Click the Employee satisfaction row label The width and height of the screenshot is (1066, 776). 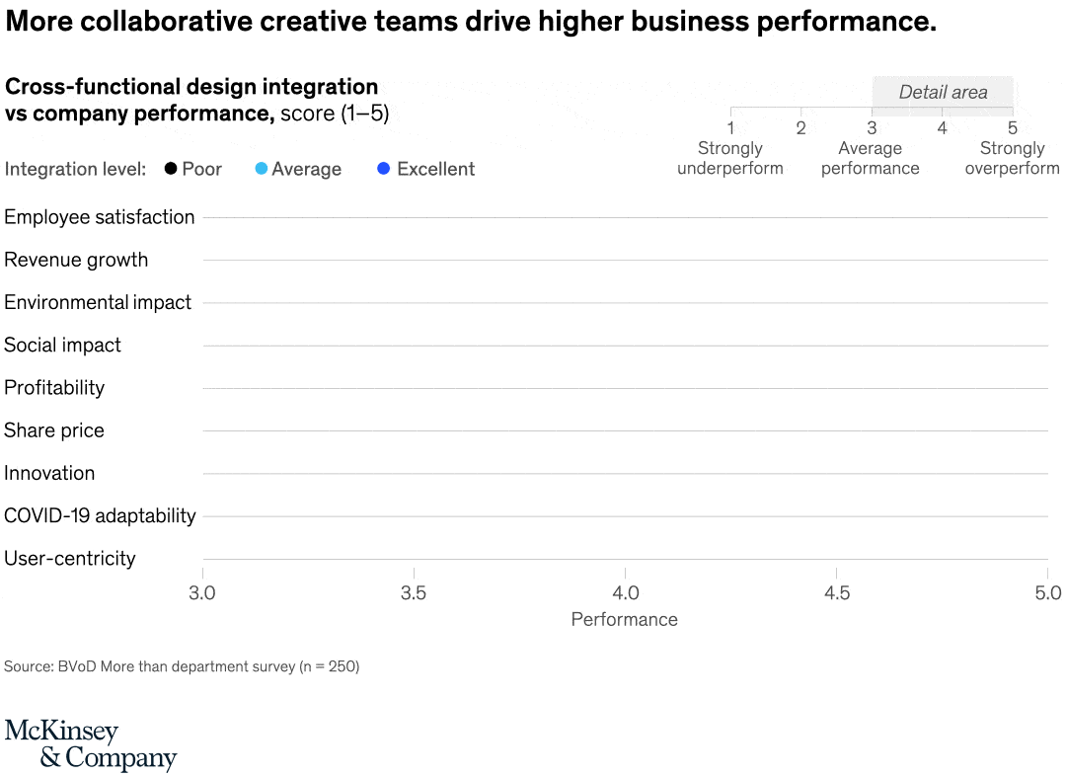pyautogui.click(x=100, y=217)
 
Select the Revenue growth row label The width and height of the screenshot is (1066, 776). pyautogui.click(x=76, y=260)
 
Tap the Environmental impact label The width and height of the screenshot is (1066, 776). pyautogui.click(x=98, y=302)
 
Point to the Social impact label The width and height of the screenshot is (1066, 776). pyautogui.click(x=62, y=345)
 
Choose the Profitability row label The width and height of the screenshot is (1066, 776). pyautogui.click(x=54, y=387)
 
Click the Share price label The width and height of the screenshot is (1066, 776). pyautogui.click(x=54, y=430)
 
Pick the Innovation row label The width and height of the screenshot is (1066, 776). pyautogui.click(x=49, y=473)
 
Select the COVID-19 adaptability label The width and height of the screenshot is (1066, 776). pyautogui.click(x=100, y=515)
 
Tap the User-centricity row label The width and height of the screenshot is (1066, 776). pyautogui.click(x=70, y=558)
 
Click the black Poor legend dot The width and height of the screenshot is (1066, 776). pyautogui.click(x=171, y=169)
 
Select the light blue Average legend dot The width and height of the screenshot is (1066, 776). pyautogui.click(x=262, y=169)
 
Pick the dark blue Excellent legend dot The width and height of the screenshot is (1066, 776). pyautogui.click(x=384, y=169)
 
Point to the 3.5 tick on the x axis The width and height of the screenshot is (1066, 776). pyautogui.click(x=414, y=592)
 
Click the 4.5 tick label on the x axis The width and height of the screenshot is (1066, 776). pyautogui.click(x=837, y=592)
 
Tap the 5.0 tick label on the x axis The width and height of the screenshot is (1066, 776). pyautogui.click(x=1047, y=592)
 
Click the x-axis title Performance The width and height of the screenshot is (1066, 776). pyautogui.click(x=625, y=620)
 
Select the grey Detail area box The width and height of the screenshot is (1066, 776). pyautogui.click(x=943, y=93)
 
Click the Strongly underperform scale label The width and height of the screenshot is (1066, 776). pyautogui.click(x=730, y=158)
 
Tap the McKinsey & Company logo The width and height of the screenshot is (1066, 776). pyautogui.click(x=90, y=745)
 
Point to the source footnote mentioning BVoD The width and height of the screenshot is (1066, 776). pyautogui.click(x=182, y=666)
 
